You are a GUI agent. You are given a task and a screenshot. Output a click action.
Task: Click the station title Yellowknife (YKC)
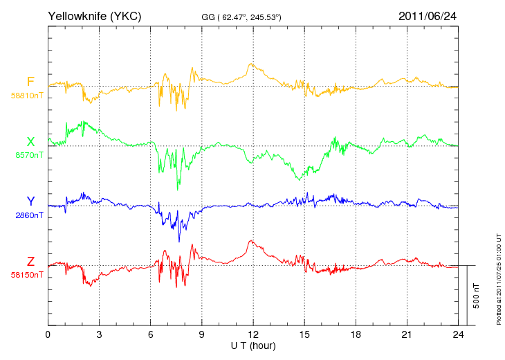click(x=94, y=16)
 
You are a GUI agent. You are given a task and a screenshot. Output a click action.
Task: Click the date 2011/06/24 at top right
click(x=428, y=16)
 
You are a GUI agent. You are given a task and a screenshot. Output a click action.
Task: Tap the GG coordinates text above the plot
click(x=241, y=17)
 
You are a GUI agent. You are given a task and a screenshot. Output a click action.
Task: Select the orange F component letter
click(x=30, y=82)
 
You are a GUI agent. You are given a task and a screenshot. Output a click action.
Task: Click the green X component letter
click(x=30, y=141)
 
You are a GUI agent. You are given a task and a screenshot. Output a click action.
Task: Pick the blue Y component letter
click(x=30, y=201)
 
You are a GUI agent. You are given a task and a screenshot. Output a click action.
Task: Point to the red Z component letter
click(x=30, y=261)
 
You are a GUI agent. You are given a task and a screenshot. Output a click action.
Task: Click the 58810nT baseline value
click(x=27, y=96)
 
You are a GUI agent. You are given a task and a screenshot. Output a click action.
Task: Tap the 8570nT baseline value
click(x=29, y=155)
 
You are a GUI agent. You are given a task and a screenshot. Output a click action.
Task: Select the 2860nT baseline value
click(x=29, y=215)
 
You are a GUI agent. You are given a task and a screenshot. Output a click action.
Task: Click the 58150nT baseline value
click(x=27, y=275)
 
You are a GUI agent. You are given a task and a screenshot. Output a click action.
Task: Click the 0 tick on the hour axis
click(x=48, y=334)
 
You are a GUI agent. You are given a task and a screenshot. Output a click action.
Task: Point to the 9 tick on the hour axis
click(x=201, y=334)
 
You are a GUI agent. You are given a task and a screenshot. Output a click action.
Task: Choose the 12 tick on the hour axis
click(x=253, y=334)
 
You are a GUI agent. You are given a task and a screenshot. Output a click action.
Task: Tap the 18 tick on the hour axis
click(x=356, y=334)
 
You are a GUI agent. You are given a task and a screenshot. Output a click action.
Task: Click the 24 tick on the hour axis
click(x=458, y=334)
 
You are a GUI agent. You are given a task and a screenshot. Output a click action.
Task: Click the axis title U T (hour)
click(x=253, y=346)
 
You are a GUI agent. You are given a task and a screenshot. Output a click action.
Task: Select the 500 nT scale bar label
click(x=477, y=296)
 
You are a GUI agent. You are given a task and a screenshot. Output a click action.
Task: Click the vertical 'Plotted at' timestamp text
click(x=499, y=279)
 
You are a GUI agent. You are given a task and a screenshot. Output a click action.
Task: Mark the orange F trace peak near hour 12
click(x=250, y=64)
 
